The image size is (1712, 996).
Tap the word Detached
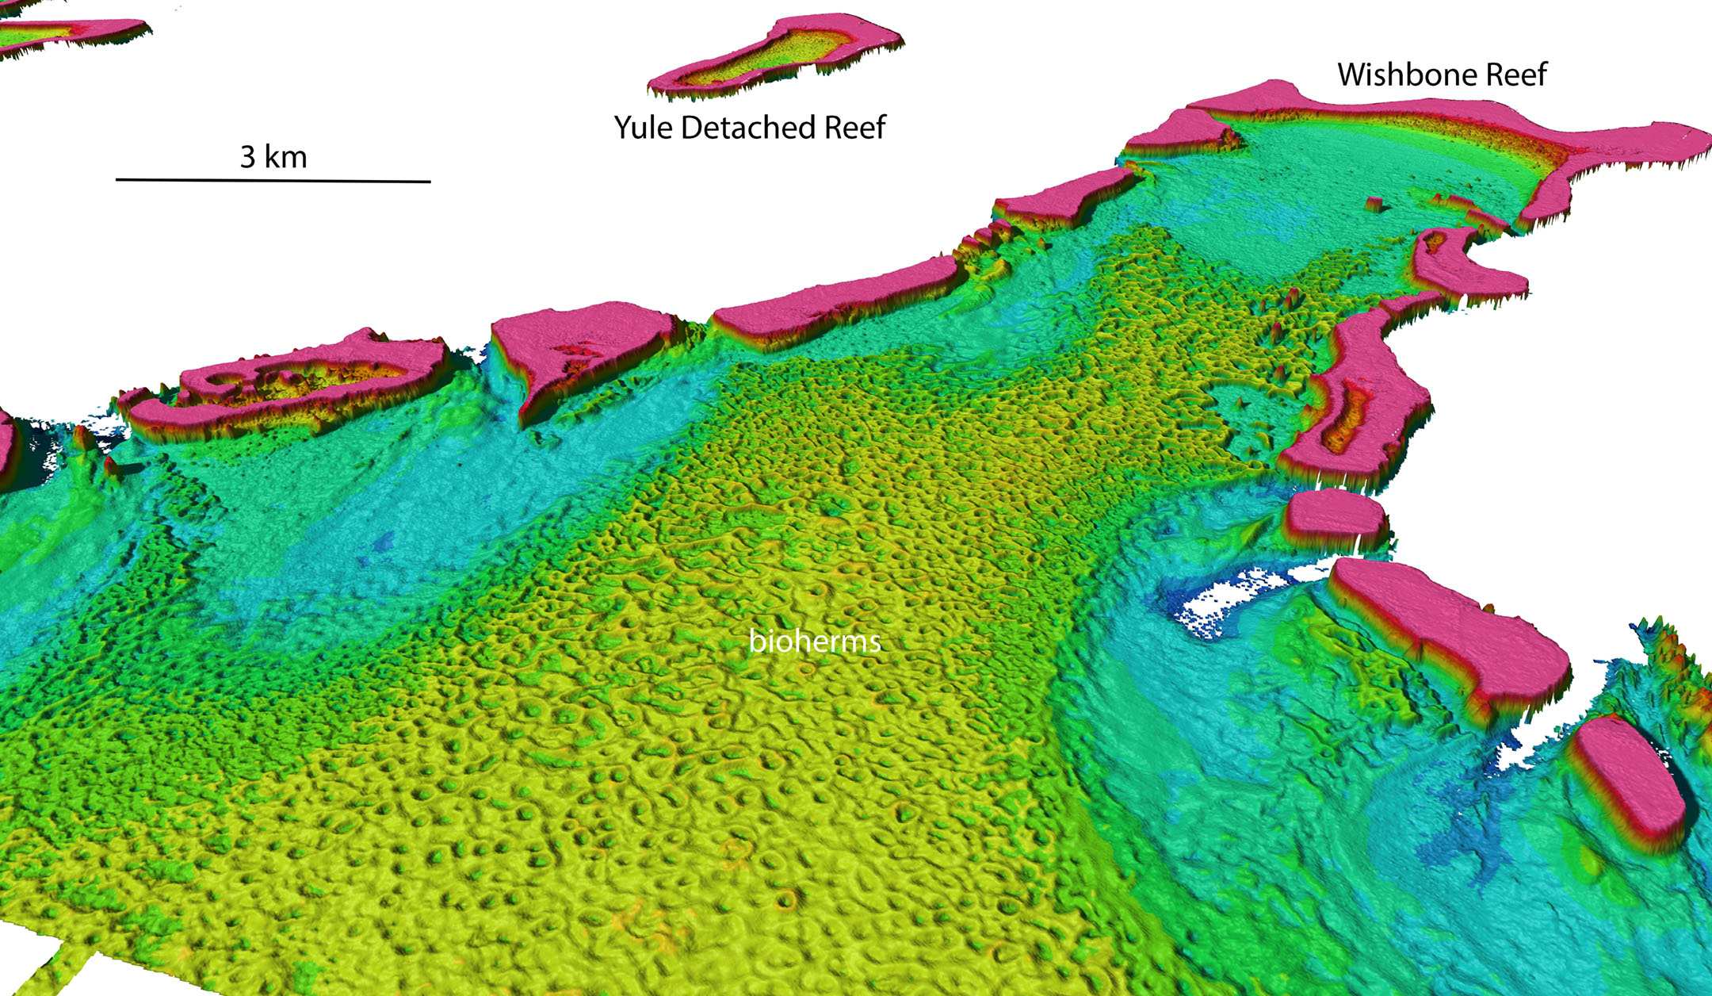pyautogui.click(x=748, y=127)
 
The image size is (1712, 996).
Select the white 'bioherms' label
pyautogui.click(x=815, y=640)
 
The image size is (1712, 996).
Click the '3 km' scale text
pyautogui.click(x=273, y=157)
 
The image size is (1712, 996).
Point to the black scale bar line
pyautogui.click(x=273, y=181)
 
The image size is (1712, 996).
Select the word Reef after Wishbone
pyautogui.click(x=1515, y=75)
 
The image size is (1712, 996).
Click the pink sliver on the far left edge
pyautogui.click(x=6, y=440)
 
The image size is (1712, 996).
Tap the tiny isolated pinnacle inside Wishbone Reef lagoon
pyautogui.click(x=1377, y=204)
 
